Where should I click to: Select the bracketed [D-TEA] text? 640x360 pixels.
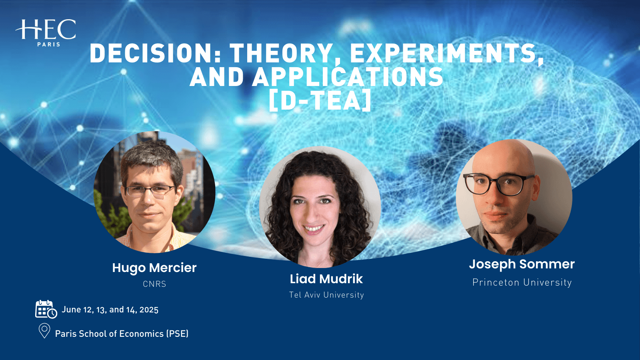(x=320, y=101)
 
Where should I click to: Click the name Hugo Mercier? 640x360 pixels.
(x=154, y=268)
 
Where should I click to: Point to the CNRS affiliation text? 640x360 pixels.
(x=154, y=284)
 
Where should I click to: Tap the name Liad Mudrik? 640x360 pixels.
(x=326, y=279)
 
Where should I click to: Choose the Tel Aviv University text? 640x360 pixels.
(x=326, y=295)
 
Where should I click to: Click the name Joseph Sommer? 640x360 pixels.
(x=522, y=264)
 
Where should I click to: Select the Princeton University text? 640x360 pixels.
(x=522, y=282)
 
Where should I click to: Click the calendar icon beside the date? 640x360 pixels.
(x=45, y=309)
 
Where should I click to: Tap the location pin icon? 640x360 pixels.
(x=44, y=331)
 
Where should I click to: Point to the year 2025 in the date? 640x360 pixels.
(x=149, y=310)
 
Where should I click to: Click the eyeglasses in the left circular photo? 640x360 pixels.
(x=150, y=191)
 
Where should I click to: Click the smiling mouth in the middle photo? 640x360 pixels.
(x=314, y=229)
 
